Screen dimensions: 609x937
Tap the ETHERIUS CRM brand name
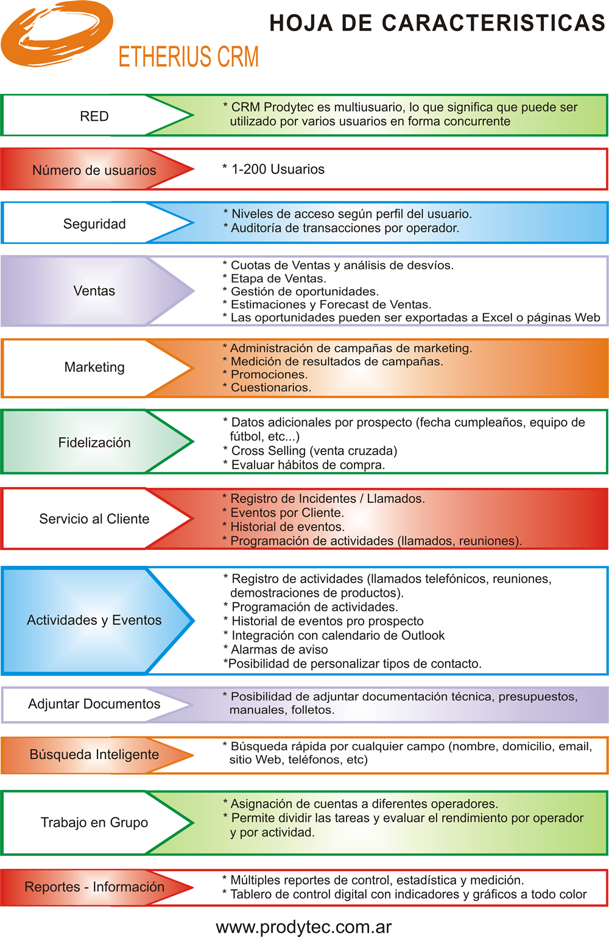(x=189, y=57)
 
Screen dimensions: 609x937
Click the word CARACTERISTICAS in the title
(x=493, y=23)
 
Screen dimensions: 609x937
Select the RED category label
(x=94, y=116)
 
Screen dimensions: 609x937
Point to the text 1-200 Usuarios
(x=278, y=169)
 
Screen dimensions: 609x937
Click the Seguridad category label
(x=94, y=224)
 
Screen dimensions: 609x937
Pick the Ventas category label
(x=94, y=291)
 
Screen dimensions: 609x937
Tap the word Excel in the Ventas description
(x=498, y=318)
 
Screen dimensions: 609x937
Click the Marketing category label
(x=94, y=367)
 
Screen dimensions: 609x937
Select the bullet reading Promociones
(x=266, y=374)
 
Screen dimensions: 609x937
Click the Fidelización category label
(x=94, y=443)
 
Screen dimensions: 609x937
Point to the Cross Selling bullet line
(x=310, y=451)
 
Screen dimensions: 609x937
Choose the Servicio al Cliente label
(x=94, y=519)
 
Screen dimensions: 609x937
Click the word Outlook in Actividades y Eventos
(x=423, y=635)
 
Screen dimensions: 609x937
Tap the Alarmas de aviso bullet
(x=275, y=650)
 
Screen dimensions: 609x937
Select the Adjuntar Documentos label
(x=94, y=704)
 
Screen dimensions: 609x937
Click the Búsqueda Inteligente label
(x=94, y=754)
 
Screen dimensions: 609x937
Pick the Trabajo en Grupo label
(x=94, y=822)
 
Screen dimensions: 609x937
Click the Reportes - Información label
(x=94, y=887)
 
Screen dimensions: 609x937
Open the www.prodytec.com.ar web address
(x=304, y=927)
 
